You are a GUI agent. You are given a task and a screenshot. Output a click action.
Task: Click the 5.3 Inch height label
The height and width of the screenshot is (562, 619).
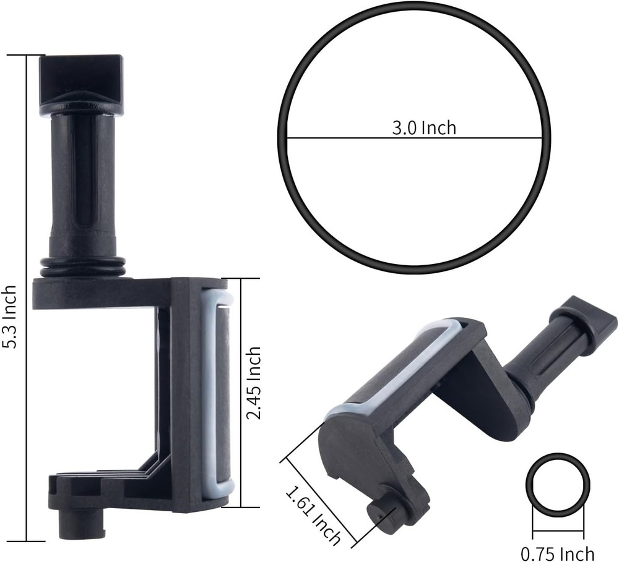tap(10, 325)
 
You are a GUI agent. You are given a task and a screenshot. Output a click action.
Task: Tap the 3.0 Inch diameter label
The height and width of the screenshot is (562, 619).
tap(424, 127)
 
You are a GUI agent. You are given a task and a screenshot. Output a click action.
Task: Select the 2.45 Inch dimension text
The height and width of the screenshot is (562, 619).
tap(253, 383)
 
